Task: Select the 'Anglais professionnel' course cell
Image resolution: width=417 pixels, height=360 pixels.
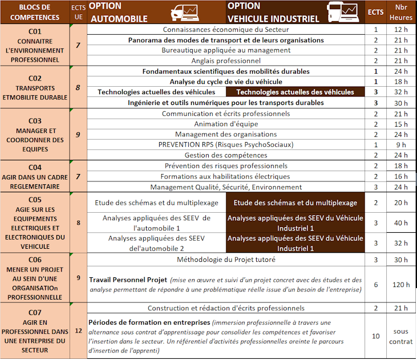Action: coord(226,60)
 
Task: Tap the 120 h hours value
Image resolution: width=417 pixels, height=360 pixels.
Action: coord(400,284)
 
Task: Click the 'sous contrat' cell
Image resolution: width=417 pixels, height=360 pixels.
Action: coord(400,336)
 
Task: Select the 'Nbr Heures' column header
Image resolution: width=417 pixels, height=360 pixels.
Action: coord(400,12)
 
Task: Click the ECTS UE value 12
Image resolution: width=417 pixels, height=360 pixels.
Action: coord(78,330)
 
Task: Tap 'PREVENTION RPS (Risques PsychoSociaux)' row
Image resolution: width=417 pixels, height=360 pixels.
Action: coord(226,144)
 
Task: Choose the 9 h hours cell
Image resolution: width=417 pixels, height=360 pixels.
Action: coord(400,144)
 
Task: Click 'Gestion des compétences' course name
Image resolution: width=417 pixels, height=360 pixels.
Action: coord(226,155)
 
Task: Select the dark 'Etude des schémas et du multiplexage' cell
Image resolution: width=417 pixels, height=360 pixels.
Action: coord(295,203)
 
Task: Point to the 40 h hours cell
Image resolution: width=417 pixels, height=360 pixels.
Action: coord(400,223)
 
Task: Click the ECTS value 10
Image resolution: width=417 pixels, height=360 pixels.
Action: coord(375,336)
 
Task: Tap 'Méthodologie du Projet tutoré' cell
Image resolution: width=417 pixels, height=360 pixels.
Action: coord(226,260)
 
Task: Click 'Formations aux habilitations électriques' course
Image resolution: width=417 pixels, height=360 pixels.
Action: coord(226,176)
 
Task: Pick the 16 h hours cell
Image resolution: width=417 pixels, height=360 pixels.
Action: coord(400,176)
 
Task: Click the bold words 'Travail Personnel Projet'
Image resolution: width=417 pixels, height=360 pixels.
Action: coord(128,280)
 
